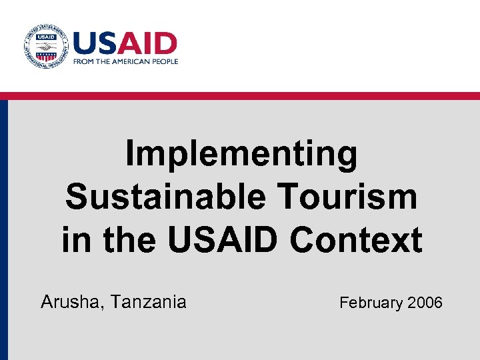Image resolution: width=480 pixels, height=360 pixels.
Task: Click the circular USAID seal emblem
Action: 45,47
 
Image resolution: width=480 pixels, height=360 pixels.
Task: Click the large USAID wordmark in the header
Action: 125,43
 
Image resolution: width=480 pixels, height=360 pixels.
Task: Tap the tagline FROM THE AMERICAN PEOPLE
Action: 125,61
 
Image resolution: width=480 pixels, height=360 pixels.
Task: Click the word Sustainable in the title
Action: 169,197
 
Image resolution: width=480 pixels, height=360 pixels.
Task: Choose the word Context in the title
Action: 356,240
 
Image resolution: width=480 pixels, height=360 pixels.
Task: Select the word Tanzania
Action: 149,303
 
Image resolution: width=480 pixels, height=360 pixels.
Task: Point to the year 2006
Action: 425,303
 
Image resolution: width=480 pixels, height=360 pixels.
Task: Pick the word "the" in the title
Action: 129,240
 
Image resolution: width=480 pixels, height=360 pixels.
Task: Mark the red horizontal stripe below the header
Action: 240,96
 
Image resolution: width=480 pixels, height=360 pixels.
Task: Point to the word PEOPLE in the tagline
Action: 167,61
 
